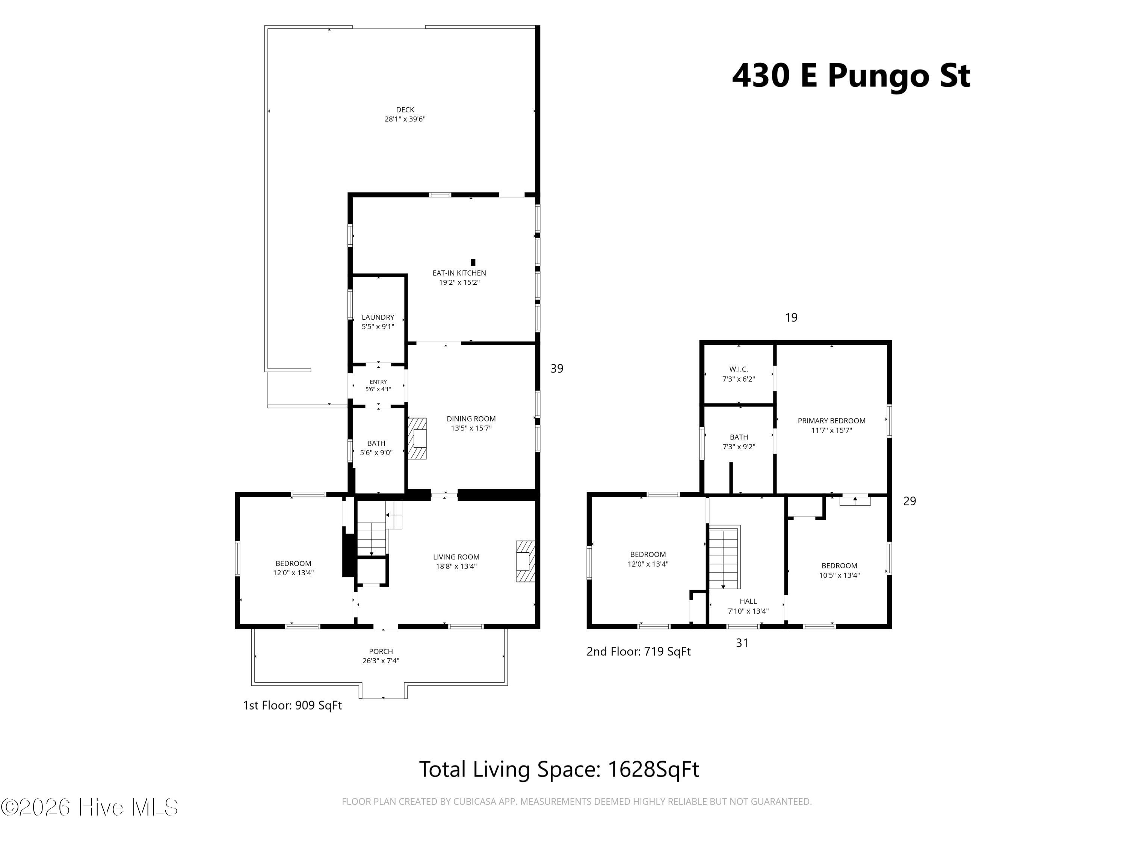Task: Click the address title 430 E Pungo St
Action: coord(851,76)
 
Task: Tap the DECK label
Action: coord(405,110)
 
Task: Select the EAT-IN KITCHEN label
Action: coord(459,273)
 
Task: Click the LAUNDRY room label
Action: coord(378,317)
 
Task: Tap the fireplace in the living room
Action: coord(525,561)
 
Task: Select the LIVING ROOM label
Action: coord(456,557)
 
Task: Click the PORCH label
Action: coord(381,651)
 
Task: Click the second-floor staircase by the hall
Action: coord(724,557)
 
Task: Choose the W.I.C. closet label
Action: coord(738,369)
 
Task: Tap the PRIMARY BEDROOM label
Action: coord(831,421)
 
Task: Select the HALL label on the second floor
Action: coord(748,601)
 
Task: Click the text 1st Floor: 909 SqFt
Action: coord(292,705)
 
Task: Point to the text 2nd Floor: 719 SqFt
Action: coord(638,652)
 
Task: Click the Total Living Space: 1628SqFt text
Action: coord(559,769)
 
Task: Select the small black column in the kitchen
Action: coord(473,262)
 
